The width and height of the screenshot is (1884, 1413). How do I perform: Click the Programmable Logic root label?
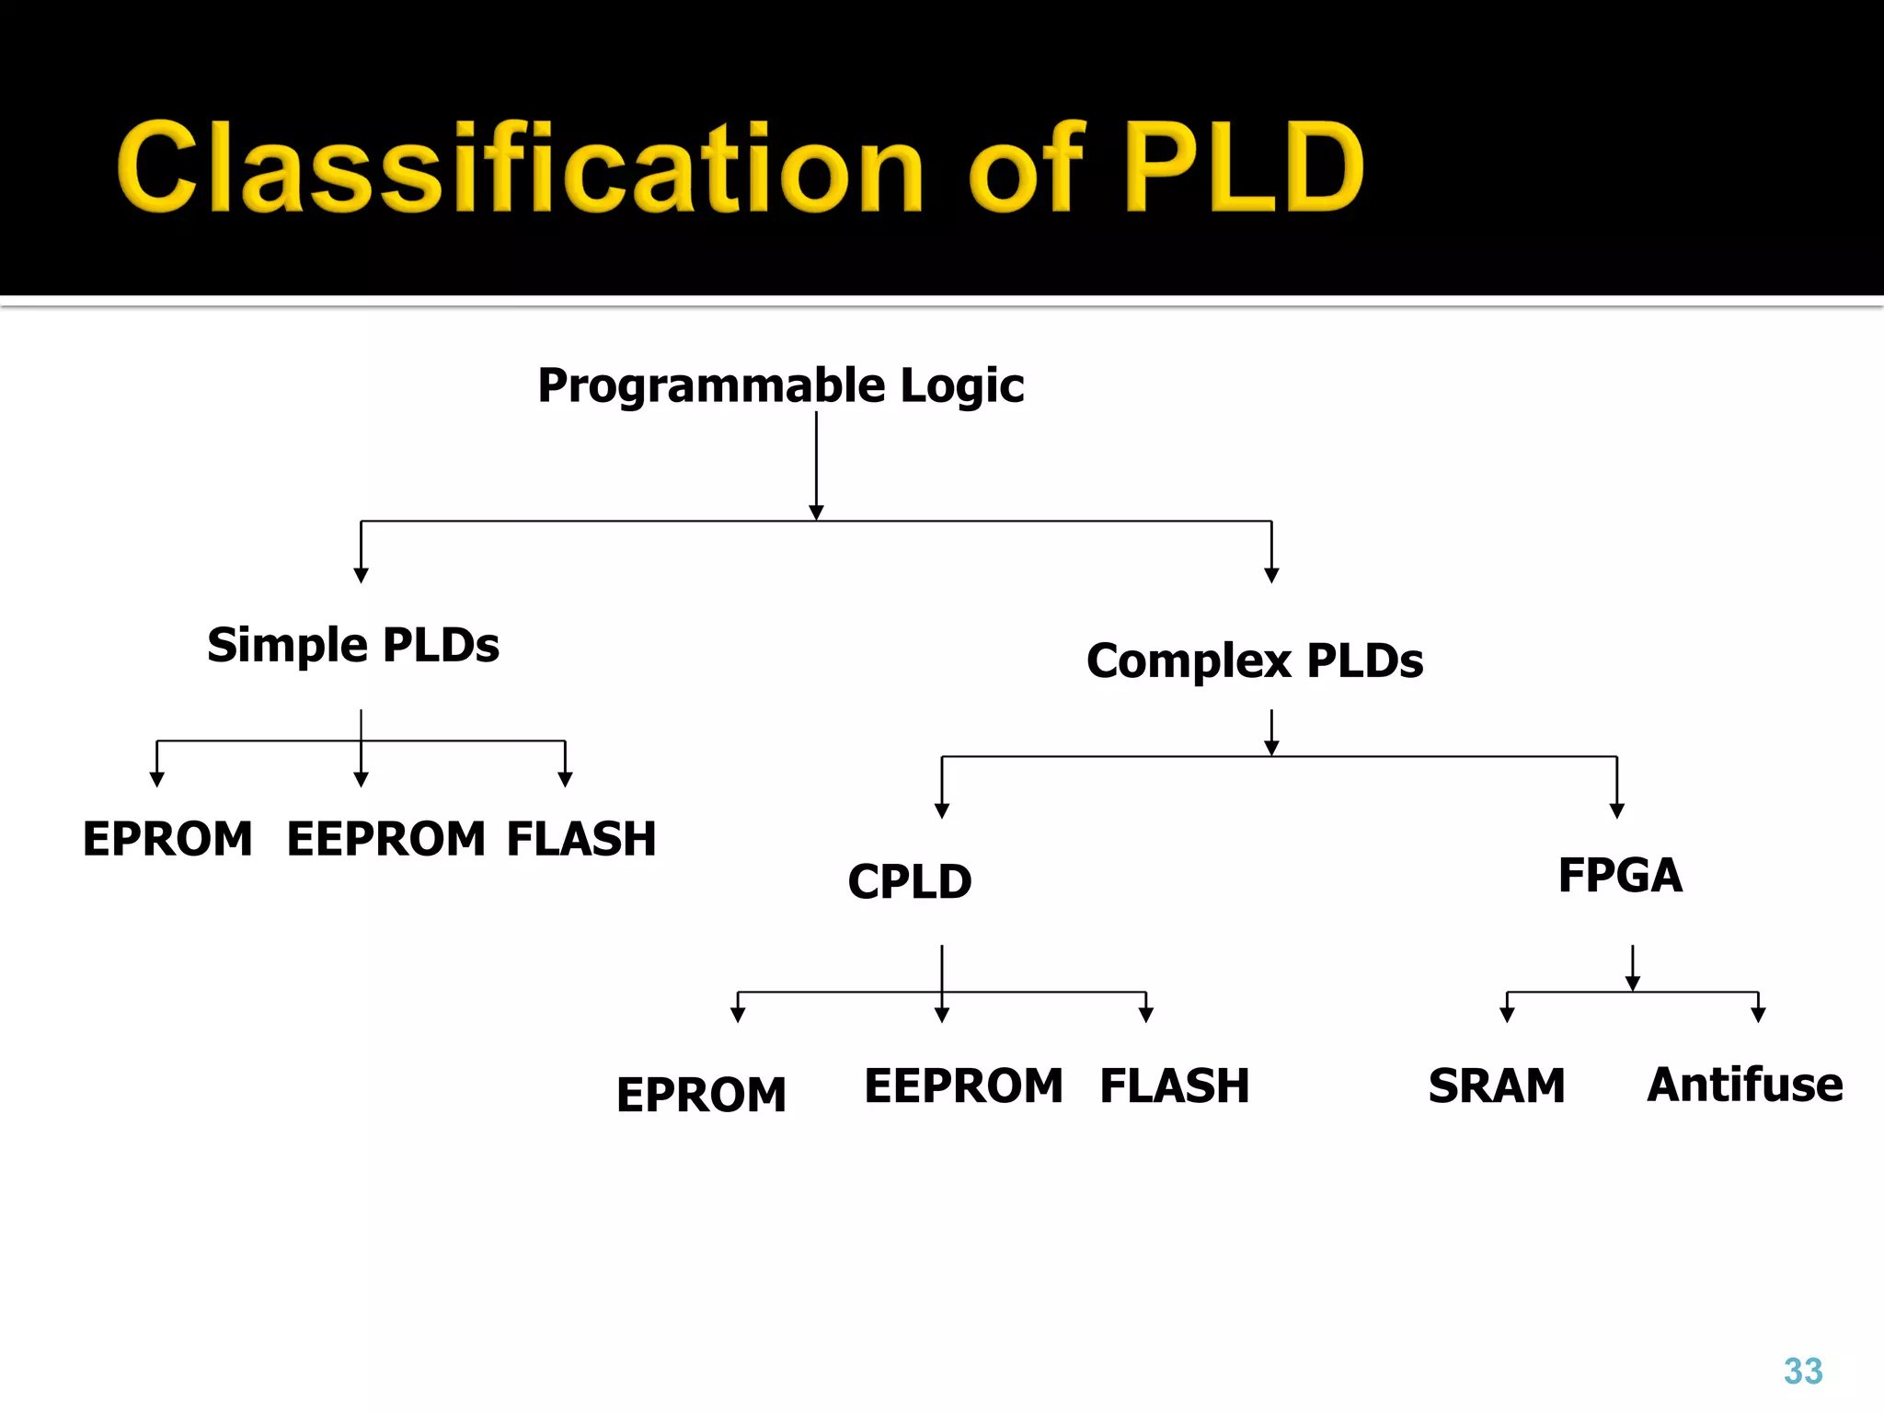pos(780,385)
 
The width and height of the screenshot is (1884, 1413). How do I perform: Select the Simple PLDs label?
pos(353,644)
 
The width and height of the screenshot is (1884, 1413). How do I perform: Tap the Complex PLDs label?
pos(1255,661)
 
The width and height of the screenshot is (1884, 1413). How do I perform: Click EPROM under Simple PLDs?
pos(167,839)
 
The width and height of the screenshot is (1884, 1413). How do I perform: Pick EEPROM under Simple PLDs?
pos(386,839)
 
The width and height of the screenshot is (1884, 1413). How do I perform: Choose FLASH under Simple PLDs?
pos(581,839)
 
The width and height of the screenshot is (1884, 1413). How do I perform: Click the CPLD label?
pos(910,881)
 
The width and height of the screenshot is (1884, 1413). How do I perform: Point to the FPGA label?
pos(1620,875)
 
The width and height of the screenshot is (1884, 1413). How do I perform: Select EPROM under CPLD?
pos(701,1095)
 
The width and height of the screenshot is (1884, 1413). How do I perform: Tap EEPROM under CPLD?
pos(963,1086)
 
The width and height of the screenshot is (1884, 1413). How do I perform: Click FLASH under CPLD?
pos(1175,1086)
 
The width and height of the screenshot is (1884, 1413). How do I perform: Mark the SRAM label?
pos(1497,1086)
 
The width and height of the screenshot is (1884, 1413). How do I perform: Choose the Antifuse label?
pos(1745,1085)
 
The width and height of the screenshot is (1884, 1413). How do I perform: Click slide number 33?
pos(1803,1372)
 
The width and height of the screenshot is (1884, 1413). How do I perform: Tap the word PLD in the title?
pos(1244,167)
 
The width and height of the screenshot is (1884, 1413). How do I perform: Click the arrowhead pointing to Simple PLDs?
pos(361,576)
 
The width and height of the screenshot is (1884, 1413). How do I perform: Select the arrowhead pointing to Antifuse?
pos(1758,1016)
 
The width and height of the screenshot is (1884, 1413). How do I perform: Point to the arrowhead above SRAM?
pos(1507,1016)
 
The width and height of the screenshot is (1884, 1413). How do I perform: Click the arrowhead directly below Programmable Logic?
pos(816,512)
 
